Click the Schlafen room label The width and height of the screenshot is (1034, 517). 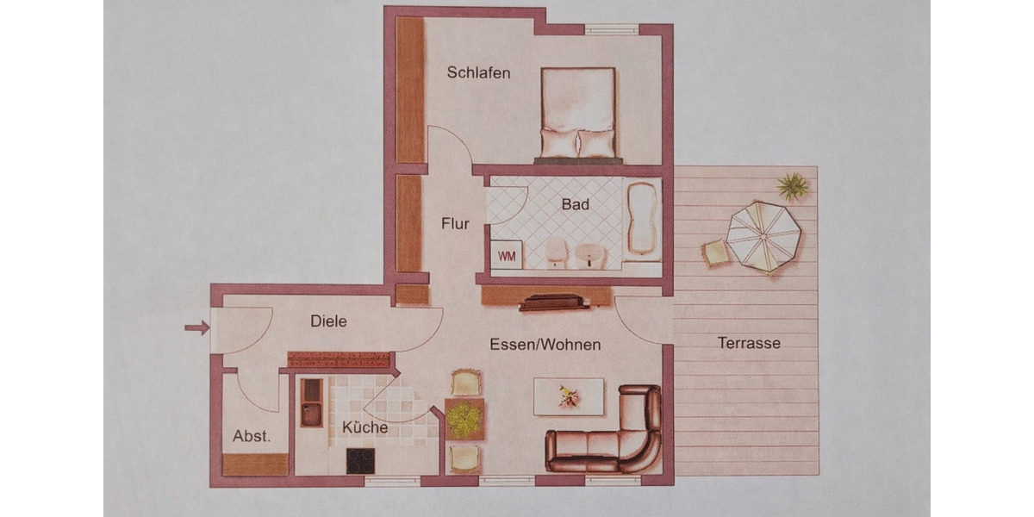(x=478, y=73)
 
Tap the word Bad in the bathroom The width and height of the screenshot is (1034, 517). (x=576, y=205)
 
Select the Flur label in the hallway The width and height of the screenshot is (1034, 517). (x=455, y=224)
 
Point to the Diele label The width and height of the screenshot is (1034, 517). (x=328, y=321)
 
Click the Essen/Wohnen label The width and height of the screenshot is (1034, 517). (x=545, y=345)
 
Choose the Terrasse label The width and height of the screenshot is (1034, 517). (x=749, y=343)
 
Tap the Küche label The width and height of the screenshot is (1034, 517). (x=364, y=427)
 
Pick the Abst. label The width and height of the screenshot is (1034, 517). (x=252, y=437)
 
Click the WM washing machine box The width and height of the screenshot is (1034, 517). (x=506, y=256)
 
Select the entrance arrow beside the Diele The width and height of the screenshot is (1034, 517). (x=197, y=327)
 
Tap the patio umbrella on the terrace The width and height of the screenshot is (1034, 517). (x=763, y=236)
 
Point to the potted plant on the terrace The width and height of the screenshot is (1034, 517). (x=792, y=186)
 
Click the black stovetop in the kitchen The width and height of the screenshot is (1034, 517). (x=360, y=461)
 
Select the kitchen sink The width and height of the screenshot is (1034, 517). (x=311, y=403)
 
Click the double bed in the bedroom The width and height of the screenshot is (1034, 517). (x=578, y=115)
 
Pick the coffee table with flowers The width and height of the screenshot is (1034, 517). (x=568, y=396)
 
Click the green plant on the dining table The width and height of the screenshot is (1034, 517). (x=464, y=420)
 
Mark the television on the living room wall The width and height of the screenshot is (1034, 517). (x=552, y=302)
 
